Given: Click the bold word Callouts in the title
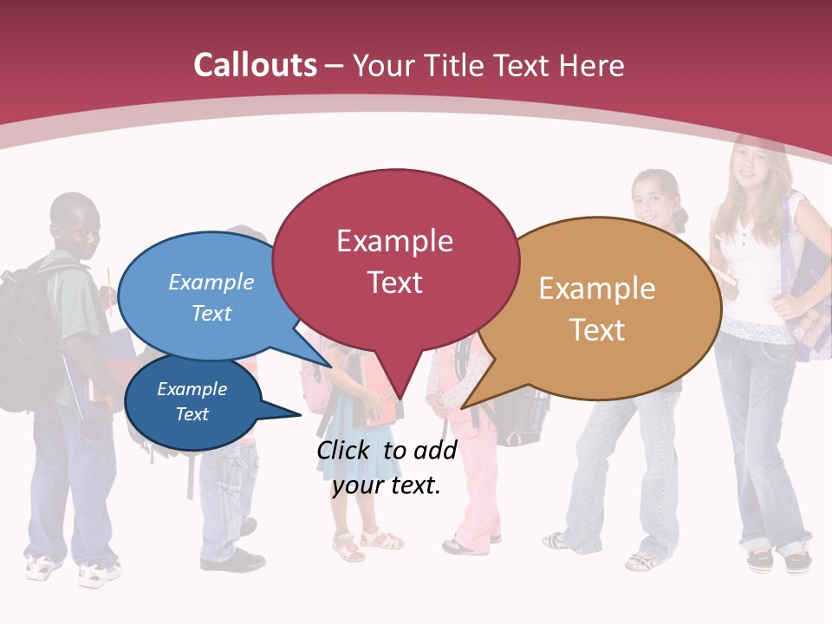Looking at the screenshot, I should coord(255,65).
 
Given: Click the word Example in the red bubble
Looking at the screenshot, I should coord(394,240).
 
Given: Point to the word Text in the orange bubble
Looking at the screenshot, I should coord(597,329).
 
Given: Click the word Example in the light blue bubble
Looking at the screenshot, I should coord(211,282).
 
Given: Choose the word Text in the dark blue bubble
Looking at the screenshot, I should coord(192,414).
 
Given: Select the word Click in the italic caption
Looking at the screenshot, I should coord(344,450).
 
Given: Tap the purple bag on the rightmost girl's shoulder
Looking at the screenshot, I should coord(810,286).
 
